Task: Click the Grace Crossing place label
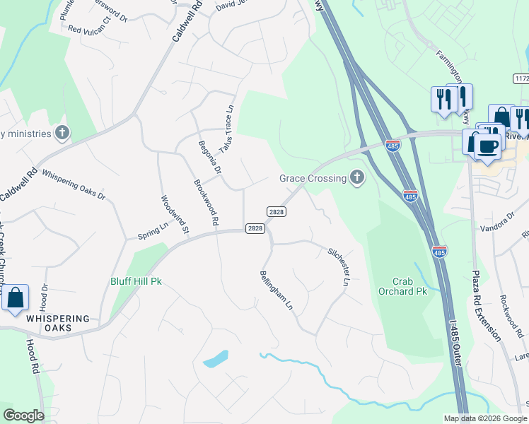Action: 312,178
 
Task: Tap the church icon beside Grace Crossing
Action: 357,178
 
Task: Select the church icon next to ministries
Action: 62,133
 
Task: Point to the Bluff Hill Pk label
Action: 136,281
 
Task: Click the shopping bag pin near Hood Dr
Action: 16,299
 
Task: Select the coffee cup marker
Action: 487,147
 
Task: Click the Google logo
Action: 23,416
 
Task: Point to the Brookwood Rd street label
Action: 206,203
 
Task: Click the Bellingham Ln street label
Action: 277,290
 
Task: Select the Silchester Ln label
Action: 339,266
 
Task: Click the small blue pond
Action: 216,359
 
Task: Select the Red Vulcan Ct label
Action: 90,30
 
